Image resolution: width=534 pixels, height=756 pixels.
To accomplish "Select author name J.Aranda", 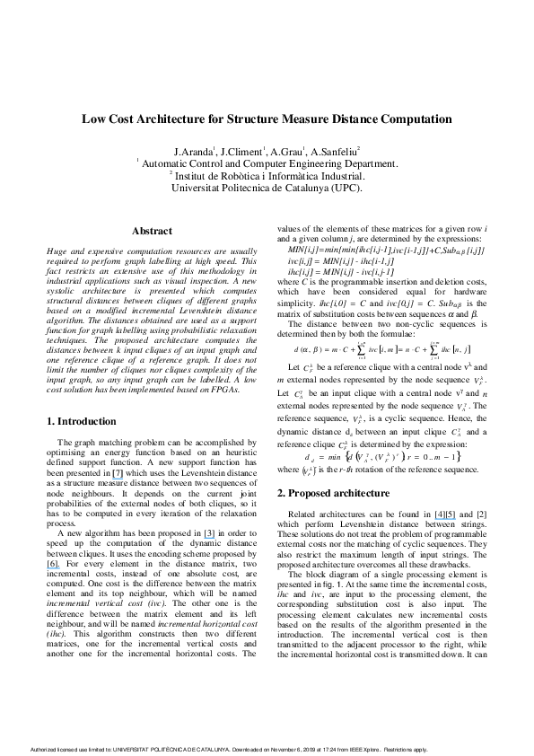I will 194,152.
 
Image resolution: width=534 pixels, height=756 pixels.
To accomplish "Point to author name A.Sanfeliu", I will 335,152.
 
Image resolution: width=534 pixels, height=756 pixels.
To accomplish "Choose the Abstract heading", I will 152,232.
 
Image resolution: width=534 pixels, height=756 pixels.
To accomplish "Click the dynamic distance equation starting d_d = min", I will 381,454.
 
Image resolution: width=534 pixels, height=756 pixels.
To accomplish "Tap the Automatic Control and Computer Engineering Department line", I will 267,164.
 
